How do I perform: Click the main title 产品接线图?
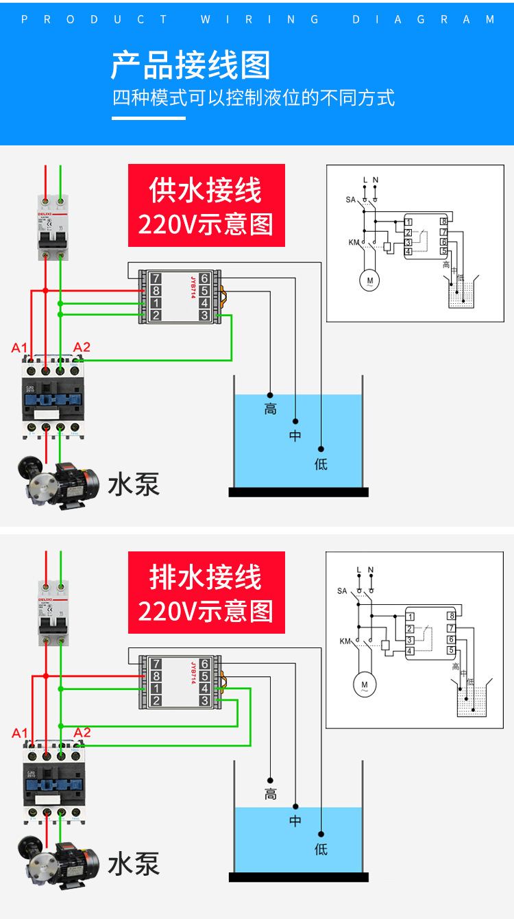(x=191, y=65)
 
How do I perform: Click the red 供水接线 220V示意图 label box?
(x=206, y=205)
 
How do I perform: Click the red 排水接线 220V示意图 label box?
(x=206, y=593)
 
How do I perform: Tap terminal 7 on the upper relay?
(x=156, y=278)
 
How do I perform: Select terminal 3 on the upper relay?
(x=204, y=315)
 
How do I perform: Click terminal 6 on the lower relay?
(x=204, y=664)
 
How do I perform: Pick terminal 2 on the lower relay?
(x=156, y=700)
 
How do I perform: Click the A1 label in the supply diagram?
(x=20, y=348)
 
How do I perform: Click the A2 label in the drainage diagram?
(x=82, y=732)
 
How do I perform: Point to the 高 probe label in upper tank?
(x=270, y=409)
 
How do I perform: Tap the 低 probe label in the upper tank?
(x=321, y=464)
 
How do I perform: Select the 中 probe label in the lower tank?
(x=295, y=820)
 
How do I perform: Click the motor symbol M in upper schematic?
(x=370, y=280)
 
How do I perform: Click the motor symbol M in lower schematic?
(x=365, y=684)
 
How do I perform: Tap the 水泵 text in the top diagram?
(x=133, y=484)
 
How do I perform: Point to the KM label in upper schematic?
(x=353, y=242)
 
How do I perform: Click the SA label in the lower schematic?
(x=342, y=590)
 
